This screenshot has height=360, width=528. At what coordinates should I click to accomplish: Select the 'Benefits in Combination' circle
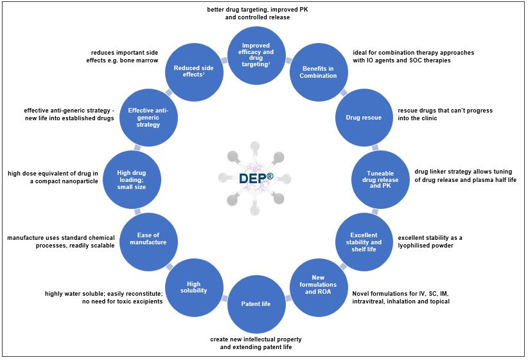[319, 71]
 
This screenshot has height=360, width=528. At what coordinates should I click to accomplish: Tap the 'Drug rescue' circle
[364, 118]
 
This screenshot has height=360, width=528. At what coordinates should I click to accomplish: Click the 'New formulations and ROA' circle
[319, 284]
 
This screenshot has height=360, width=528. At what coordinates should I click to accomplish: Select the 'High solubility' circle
[194, 284]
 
